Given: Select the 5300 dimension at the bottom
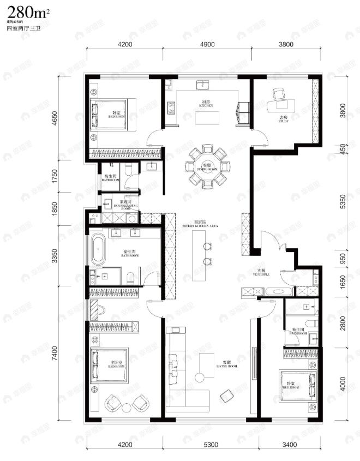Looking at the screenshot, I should [211, 444].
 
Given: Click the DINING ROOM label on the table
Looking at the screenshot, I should [207, 167].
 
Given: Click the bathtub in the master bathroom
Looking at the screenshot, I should [98, 249].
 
